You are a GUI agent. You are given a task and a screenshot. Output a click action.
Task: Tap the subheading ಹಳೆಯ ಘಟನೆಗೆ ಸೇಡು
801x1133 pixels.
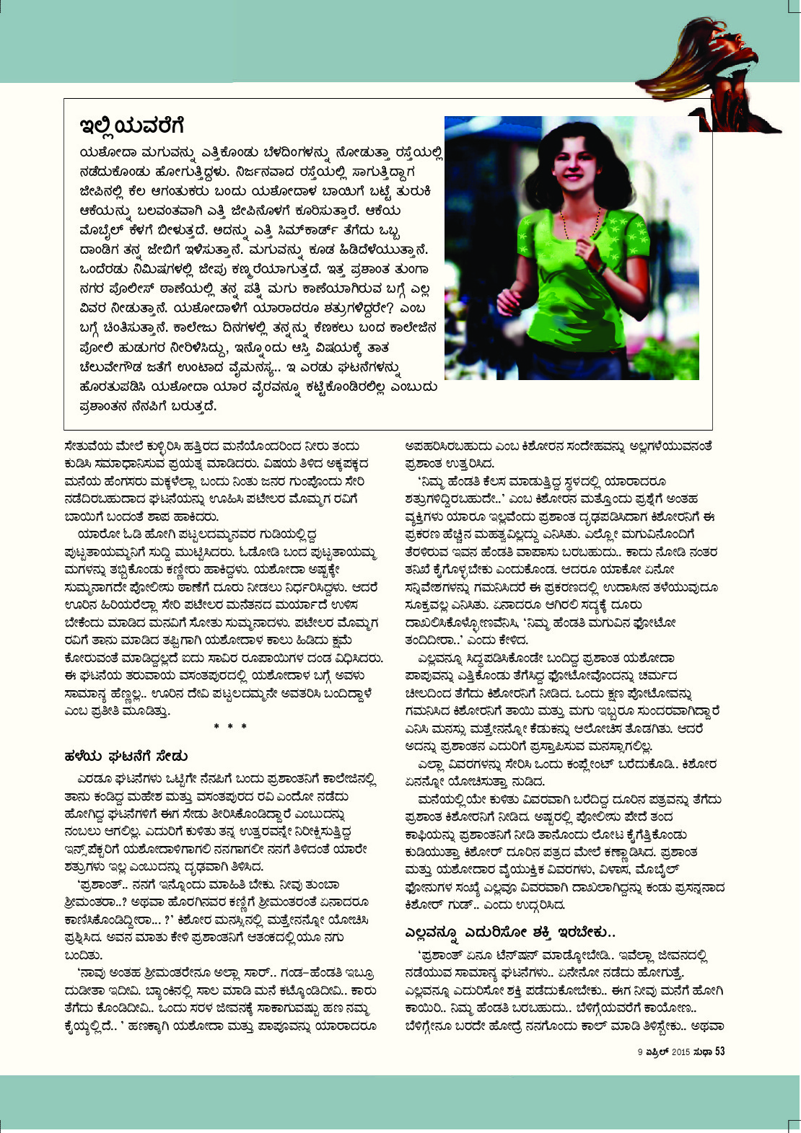[x=126, y=756]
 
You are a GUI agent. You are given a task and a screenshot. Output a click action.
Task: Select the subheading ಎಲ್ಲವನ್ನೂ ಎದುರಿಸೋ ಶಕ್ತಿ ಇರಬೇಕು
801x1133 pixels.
[x=509, y=933]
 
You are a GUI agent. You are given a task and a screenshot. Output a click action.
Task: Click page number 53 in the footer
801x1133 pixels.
[x=719, y=1052]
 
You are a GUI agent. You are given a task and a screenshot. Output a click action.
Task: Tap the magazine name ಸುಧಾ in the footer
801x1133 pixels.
[x=704, y=1052]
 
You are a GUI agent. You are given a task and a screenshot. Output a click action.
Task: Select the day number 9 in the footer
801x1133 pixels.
[x=640, y=1052]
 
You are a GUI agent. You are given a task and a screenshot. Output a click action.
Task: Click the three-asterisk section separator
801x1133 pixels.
[x=230, y=726]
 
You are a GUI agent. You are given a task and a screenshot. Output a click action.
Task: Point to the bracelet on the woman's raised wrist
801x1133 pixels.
[x=600, y=268]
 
